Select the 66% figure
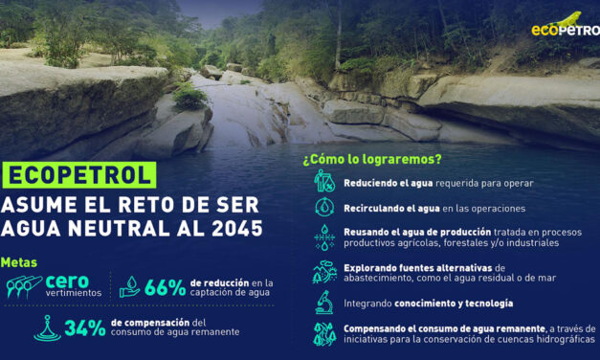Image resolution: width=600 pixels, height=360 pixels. (x=165, y=287)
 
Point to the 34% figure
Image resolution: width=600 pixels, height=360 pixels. (x=85, y=327)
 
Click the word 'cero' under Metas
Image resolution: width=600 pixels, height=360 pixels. (x=67, y=281)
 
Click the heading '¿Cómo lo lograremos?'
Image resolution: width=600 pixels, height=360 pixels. (x=372, y=160)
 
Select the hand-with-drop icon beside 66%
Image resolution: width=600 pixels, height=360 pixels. (x=129, y=287)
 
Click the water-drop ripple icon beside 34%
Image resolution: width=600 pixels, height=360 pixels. (x=47, y=327)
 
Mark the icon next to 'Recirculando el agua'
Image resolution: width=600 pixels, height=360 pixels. (x=323, y=207)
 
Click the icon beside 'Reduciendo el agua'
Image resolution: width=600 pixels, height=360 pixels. (x=323, y=181)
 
